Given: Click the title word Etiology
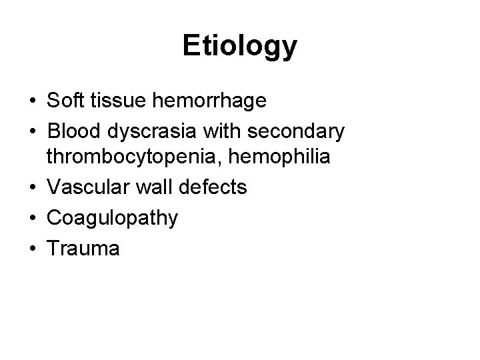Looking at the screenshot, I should [x=240, y=47].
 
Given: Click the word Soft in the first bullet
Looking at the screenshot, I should [x=64, y=101].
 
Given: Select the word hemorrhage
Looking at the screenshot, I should [x=209, y=101].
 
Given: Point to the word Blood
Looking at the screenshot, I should [x=72, y=131].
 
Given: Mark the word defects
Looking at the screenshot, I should [x=214, y=188].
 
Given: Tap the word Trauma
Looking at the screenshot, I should [x=83, y=249].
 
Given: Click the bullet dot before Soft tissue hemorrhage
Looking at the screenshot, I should [x=33, y=102].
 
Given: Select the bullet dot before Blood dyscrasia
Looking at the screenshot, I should [x=33, y=133].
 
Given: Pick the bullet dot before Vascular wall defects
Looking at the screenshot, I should [x=33, y=189].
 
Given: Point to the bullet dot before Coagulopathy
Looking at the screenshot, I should [x=33, y=219].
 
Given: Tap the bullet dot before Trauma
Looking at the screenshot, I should [x=33, y=250].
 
